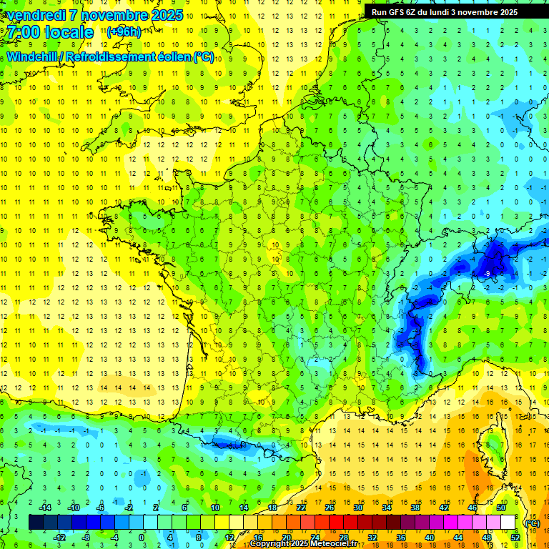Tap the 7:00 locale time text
pyautogui.click(x=51, y=32)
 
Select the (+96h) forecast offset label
pyautogui.click(x=124, y=31)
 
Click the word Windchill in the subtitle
pyautogui.click(x=32, y=57)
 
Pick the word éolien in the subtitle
pyautogui.click(x=176, y=57)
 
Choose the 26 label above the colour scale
pyautogui.click(x=330, y=508)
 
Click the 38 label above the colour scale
pyautogui.click(x=415, y=508)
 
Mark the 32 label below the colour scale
pyautogui.click(x=372, y=538)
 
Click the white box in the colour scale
pyautogui.click(x=508, y=523)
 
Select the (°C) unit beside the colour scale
pyautogui.click(x=532, y=523)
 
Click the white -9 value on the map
pyautogui.click(x=487, y=273)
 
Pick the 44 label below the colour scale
pyautogui.click(x=458, y=538)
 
